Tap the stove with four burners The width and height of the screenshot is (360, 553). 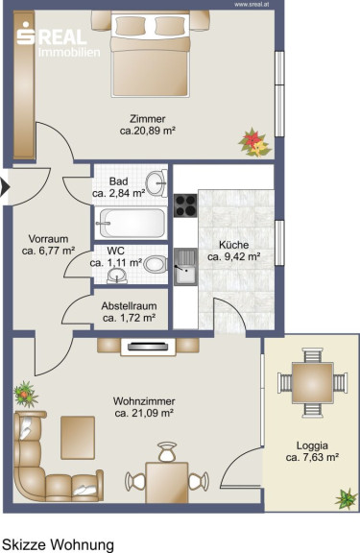tap(185, 205)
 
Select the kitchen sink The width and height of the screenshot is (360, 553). tap(185, 266)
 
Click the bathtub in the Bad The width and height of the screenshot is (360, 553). tap(132, 223)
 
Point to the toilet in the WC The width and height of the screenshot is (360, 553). tap(156, 264)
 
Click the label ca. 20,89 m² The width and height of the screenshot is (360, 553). tap(148, 131)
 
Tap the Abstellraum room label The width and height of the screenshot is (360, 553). tap(129, 305)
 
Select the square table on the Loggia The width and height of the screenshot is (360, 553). tap(312, 383)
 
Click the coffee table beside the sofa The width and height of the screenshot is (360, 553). tap(78, 438)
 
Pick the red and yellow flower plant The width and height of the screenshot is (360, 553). tap(255, 142)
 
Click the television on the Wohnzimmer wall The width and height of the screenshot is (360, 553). tap(148, 347)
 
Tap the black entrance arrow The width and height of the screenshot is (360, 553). tap(5, 187)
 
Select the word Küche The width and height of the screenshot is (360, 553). tap(234, 245)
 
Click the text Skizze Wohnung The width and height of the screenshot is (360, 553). tap(59, 545)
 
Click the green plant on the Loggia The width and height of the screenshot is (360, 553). tap(347, 498)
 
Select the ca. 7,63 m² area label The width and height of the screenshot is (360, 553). tap(312, 458)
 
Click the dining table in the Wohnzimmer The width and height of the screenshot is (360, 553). tap(167, 483)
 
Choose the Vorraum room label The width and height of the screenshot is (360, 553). tap(48, 239)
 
